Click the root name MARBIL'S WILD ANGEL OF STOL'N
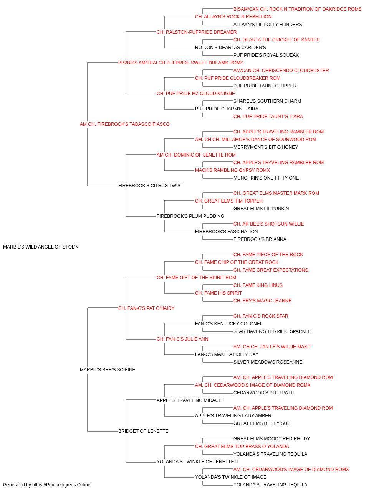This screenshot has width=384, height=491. pos(41,247)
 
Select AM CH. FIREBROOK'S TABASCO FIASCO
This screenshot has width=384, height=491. pos(124,124)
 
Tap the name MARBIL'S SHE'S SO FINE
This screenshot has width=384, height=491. pos(108,370)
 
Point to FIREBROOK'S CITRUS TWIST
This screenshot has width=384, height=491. pos(151,186)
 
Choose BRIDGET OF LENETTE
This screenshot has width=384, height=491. pos(143,431)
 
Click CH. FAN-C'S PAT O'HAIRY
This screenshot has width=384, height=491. pos(146,308)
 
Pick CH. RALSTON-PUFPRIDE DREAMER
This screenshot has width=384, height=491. pos(197,32)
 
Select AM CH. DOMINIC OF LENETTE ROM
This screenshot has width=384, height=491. pos(196,155)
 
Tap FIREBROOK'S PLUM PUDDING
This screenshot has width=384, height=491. pos(190,216)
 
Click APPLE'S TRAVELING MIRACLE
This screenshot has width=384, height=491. pos(190,400)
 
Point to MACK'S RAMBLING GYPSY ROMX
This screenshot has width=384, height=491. pos(232,170)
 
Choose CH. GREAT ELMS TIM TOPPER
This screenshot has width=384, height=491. pos(228,201)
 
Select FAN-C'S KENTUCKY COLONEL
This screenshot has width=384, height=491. pos(228,324)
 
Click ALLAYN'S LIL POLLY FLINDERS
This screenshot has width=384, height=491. pos(268,25)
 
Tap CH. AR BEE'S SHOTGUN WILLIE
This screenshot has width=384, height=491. pos(269,224)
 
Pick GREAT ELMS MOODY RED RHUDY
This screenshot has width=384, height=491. pos(271,439)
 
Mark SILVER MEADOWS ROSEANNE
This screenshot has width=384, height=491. pos(268,362)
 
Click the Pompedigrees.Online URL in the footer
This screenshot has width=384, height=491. pos(61,485)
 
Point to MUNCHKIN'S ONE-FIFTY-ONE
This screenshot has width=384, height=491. pos(266,178)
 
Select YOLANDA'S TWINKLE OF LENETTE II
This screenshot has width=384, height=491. pos(197,462)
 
